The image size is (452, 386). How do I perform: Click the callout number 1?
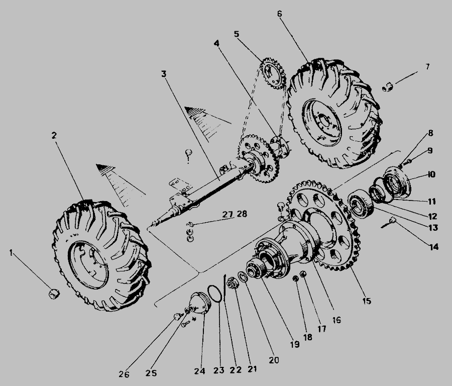[x=11, y=253]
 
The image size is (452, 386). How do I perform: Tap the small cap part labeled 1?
[x=54, y=294]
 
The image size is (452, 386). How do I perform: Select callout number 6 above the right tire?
[x=279, y=14]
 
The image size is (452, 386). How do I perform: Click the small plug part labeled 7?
[x=388, y=86]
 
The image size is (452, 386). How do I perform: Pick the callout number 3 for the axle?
[x=164, y=74]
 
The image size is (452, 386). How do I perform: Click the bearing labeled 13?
[x=360, y=203]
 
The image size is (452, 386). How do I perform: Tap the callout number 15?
[x=367, y=301]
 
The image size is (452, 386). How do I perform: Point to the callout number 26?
[x=124, y=374]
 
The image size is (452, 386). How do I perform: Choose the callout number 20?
[x=274, y=360]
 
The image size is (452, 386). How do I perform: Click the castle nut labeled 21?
[x=232, y=283]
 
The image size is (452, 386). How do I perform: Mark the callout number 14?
[x=434, y=247]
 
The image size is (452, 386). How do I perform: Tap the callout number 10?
[x=431, y=174]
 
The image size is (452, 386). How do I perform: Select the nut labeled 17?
[x=303, y=273]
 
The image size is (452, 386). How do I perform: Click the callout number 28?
[x=242, y=214]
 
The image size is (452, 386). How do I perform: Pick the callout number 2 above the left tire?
[x=54, y=135]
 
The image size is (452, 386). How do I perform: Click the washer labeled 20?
[x=242, y=276]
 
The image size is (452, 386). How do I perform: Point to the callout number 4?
[x=216, y=43]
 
